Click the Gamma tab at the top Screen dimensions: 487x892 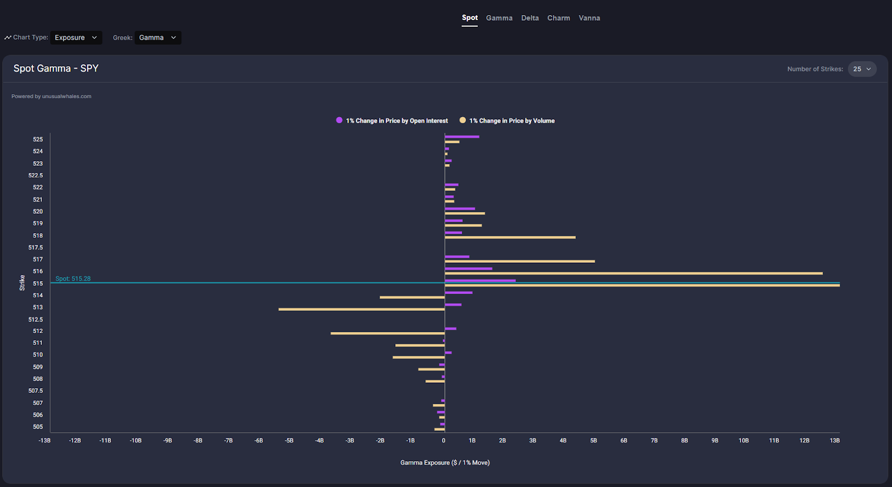click(499, 18)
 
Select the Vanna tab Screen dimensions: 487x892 click(589, 18)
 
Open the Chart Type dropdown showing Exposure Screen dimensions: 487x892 click(76, 37)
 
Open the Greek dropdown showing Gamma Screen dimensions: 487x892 click(158, 37)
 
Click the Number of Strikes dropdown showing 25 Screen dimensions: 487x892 click(862, 69)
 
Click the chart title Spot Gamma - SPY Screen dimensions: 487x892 click(56, 68)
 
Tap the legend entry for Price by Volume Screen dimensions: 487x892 click(507, 120)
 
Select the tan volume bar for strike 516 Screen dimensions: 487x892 click(633, 273)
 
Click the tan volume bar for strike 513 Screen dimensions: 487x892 click(361, 309)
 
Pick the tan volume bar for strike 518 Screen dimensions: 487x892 click(510, 238)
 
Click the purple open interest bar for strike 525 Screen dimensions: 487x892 click(462, 137)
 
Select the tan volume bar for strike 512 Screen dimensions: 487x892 click(387, 333)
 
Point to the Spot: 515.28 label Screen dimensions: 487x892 click(73, 278)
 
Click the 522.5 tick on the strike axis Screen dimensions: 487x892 click(36, 175)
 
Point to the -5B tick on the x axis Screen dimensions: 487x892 click(289, 441)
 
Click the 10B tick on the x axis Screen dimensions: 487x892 click(744, 441)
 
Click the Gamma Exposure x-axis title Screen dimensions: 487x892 click(445, 462)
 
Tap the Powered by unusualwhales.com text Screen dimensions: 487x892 click(51, 97)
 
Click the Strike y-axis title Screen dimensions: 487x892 click(22, 283)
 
